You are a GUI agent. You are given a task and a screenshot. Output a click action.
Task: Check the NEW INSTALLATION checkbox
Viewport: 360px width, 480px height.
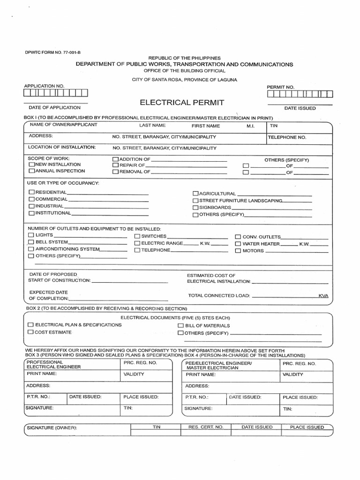tap(31, 165)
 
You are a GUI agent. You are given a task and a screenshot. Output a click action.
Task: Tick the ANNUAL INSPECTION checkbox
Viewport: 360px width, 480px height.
tap(31, 172)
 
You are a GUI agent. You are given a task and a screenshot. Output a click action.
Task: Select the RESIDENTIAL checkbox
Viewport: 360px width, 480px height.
tap(31, 192)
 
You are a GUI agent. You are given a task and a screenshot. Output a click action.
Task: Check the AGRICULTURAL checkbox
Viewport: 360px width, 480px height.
tap(195, 194)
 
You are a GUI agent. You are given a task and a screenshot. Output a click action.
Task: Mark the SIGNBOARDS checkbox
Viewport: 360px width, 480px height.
tap(195, 207)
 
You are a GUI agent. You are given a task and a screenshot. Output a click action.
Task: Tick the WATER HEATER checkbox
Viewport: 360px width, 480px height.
tap(238, 244)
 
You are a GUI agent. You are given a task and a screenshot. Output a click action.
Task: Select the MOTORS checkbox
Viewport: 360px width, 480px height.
tap(238, 251)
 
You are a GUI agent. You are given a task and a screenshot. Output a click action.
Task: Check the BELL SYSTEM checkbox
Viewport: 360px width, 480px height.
tap(31, 242)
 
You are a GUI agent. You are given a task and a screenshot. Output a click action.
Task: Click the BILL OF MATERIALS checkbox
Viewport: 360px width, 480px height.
tap(180, 325)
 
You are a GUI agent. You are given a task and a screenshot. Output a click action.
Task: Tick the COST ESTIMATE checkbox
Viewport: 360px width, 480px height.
tap(31, 332)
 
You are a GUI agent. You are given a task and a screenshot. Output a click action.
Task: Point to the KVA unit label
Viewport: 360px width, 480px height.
tap(323, 296)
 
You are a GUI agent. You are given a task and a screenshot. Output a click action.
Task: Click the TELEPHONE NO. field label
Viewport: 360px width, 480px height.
tap(287, 138)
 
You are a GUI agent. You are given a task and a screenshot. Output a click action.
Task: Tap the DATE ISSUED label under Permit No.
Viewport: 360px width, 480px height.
tap(300, 108)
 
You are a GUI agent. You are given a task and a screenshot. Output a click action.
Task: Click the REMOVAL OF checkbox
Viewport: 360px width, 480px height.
tap(115, 172)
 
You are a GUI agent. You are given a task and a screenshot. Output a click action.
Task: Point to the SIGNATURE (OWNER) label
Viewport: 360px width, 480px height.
tap(52, 428)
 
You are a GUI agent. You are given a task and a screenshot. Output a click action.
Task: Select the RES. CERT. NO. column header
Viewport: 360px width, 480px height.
tap(206, 427)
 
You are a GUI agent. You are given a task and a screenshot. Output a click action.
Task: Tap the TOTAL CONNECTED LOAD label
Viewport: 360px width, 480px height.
tap(219, 296)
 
